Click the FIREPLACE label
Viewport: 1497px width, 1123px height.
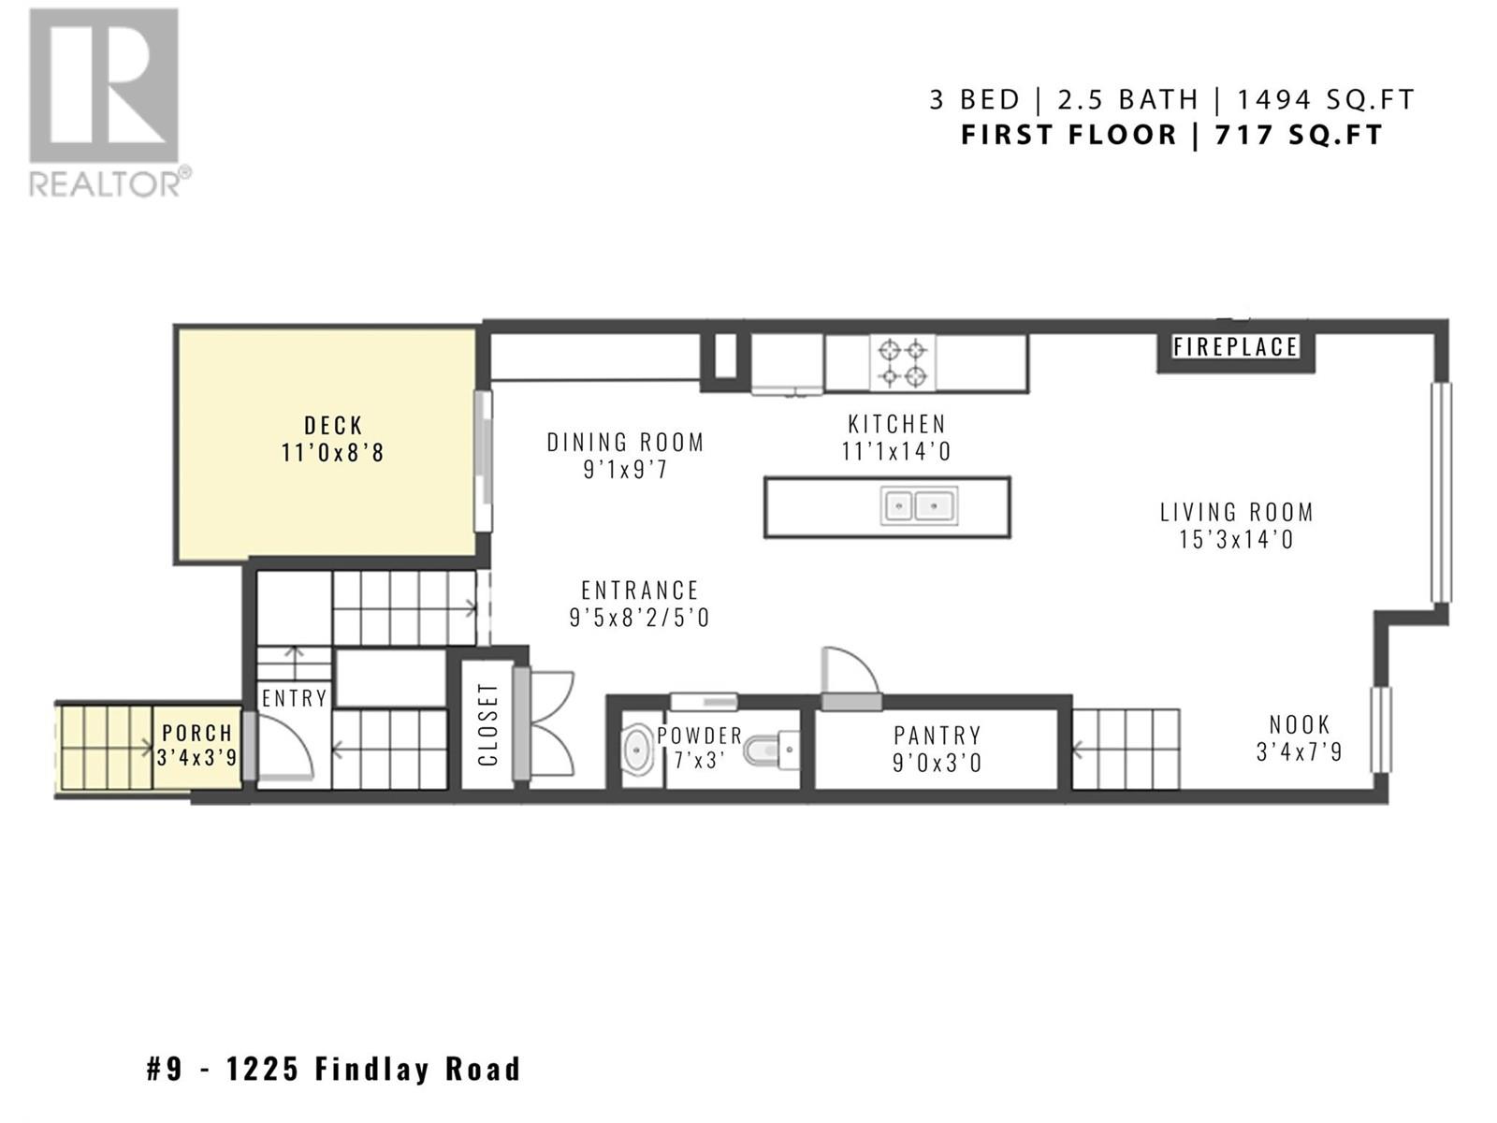click(x=1235, y=347)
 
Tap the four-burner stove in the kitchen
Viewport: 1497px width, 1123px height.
click(x=902, y=363)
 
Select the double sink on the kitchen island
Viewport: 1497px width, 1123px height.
click(x=919, y=506)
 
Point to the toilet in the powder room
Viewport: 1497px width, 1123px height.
click(x=771, y=750)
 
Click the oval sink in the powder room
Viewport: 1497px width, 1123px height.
click(x=637, y=750)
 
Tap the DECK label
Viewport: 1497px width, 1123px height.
click(x=333, y=426)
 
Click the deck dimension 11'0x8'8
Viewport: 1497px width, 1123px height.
click(x=333, y=453)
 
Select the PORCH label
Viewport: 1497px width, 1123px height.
click(x=197, y=733)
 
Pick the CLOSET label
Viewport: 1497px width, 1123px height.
click(x=488, y=724)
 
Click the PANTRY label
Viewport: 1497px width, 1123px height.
click(x=937, y=736)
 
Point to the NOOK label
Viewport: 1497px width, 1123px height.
click(x=1300, y=724)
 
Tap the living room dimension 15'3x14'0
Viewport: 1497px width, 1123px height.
click(x=1237, y=540)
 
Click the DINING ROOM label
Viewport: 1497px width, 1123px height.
click(x=625, y=443)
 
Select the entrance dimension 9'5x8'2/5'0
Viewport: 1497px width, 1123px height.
click(x=640, y=618)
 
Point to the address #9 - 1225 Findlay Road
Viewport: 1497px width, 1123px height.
click(x=333, y=1069)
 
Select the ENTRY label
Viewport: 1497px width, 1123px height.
click(x=295, y=698)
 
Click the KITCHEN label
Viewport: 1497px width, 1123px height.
click(x=897, y=424)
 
